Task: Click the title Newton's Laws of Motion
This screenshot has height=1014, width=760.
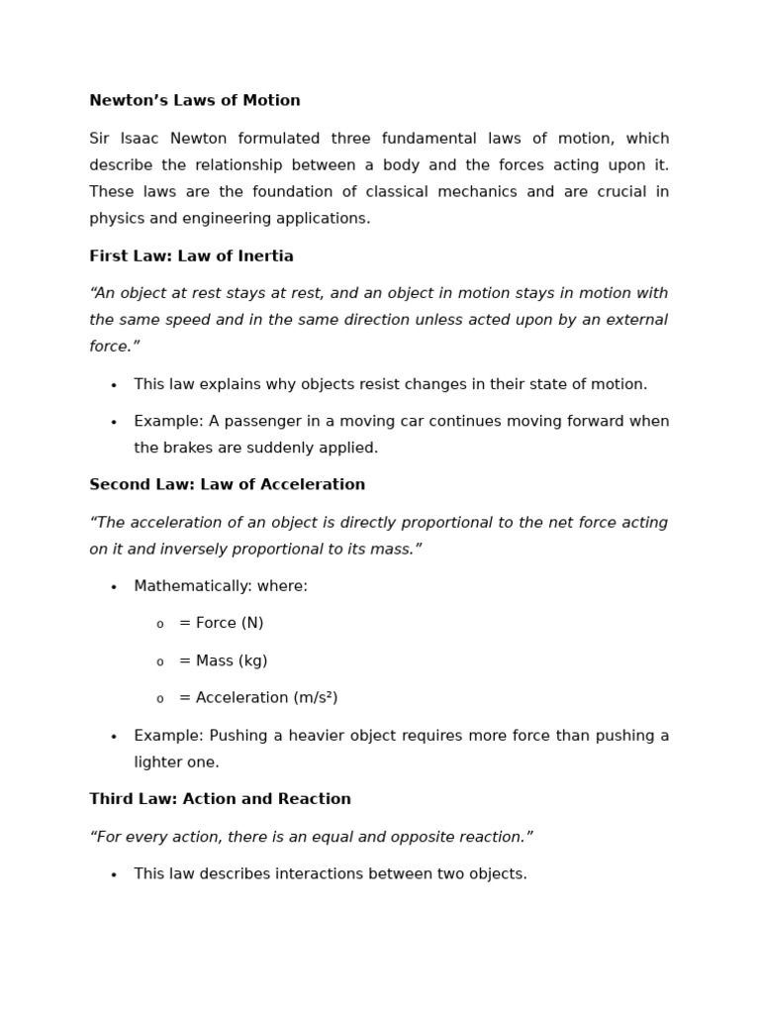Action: pyautogui.click(x=195, y=101)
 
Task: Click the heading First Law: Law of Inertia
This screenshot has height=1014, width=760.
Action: pyautogui.click(x=191, y=256)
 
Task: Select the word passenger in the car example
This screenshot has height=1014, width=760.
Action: pyautogui.click(x=263, y=422)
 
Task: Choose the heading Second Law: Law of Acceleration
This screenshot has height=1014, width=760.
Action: pyautogui.click(x=227, y=485)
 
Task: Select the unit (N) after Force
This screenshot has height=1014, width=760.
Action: pyautogui.click(x=251, y=624)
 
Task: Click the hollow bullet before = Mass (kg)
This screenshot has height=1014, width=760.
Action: pyautogui.click(x=159, y=662)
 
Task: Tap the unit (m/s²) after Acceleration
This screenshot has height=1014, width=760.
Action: pyautogui.click(x=311, y=698)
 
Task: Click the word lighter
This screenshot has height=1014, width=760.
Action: pyautogui.click(x=158, y=762)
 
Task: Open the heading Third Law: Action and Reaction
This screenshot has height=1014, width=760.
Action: pyautogui.click(x=220, y=799)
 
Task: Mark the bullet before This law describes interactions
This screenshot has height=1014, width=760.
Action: pyautogui.click(x=114, y=875)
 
